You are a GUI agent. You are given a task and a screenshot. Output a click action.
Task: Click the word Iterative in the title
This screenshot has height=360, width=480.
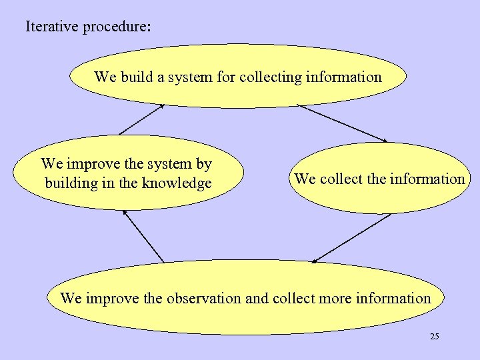pos(52,28)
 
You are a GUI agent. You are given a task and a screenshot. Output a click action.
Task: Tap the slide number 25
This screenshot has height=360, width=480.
pos(434,337)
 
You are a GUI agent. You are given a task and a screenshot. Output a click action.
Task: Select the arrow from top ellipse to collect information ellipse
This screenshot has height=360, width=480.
pos(342,123)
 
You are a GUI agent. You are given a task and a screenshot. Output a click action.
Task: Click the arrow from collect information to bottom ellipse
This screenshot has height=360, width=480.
pos(351,237)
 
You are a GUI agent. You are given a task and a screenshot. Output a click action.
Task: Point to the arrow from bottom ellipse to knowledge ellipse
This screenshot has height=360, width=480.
pos(143,236)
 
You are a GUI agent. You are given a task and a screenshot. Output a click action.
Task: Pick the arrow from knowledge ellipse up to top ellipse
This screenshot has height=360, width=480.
pos(141,119)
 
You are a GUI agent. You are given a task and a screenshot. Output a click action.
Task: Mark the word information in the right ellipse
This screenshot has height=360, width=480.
pos(427,179)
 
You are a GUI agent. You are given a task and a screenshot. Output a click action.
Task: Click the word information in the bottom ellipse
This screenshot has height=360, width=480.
pos(393,298)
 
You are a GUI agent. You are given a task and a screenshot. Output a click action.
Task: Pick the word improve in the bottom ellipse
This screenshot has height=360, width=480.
pos(107,298)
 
